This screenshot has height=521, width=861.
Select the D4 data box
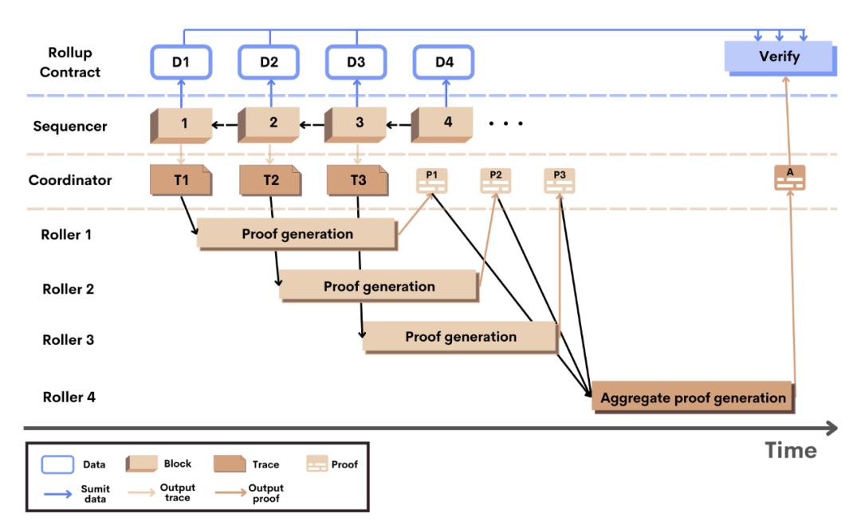point(443,61)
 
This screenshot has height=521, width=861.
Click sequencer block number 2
point(272,123)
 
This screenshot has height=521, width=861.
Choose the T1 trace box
point(181,180)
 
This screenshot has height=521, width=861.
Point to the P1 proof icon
point(431,181)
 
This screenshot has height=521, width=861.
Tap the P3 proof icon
point(559,181)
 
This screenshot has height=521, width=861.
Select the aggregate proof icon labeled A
point(789,178)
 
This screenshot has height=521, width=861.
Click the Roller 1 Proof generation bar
point(297,234)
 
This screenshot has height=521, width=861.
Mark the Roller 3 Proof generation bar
point(460,337)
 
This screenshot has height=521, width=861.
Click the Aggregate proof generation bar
point(693,398)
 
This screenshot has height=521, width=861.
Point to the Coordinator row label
point(70,180)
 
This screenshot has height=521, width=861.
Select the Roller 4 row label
point(69,397)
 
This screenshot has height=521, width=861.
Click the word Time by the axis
point(790,450)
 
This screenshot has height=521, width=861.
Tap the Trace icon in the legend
point(232,464)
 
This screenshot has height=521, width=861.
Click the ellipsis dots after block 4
point(505,123)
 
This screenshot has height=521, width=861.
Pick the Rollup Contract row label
point(70,62)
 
